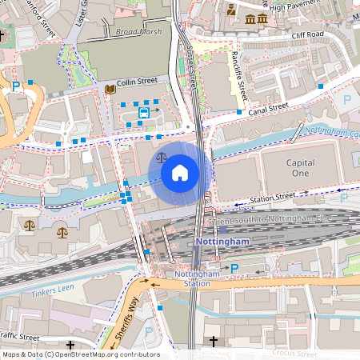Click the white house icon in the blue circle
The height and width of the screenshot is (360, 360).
(x=180, y=173)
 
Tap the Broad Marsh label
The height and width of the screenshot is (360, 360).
(x=138, y=32)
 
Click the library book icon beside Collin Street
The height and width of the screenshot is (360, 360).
(x=110, y=90)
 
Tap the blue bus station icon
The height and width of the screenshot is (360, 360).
(x=143, y=113)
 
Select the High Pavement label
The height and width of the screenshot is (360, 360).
(x=300, y=6)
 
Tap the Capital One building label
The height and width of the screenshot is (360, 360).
(x=300, y=168)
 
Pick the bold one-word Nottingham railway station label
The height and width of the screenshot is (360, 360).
(x=222, y=241)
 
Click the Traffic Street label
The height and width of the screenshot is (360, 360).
(x=19, y=336)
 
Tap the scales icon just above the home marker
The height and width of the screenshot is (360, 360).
(x=163, y=158)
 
